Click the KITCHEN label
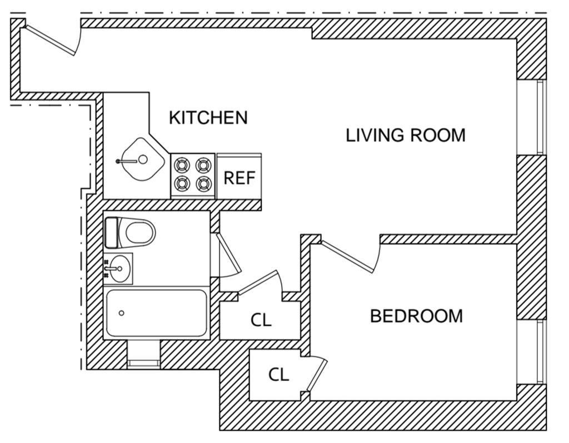coord(208,118)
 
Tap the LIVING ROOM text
coord(406,135)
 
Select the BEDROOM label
coord(416,316)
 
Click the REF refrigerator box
coord(239,177)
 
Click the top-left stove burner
coord(182,165)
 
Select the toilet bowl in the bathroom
coord(139,232)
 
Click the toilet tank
coord(112,232)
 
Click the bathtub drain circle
coord(122,313)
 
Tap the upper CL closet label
coord(261,320)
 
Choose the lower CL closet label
coord(278,375)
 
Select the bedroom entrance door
coord(348,256)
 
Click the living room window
coord(539,117)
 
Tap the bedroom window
coord(539,351)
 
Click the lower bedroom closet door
coord(317,375)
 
